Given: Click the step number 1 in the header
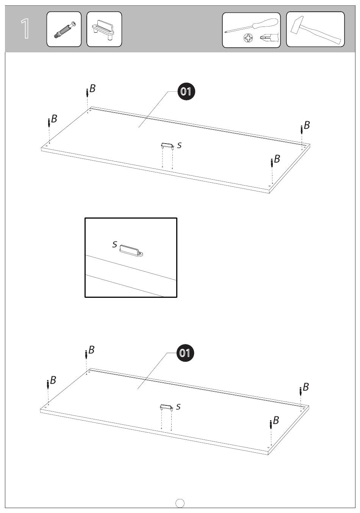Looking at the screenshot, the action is coord(25,28).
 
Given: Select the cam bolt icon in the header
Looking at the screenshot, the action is coord(64,30).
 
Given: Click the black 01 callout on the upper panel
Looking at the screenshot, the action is coord(186,91).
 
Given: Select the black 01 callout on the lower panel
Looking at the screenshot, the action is coord(185,353).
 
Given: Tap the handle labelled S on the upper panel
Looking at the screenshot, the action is coord(167,145).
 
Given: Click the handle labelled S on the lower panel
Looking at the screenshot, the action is coord(166,407).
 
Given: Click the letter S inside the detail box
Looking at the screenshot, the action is coord(115,244).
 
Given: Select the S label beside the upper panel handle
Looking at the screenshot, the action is coord(179,145).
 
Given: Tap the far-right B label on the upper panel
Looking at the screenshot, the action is coord(307,125).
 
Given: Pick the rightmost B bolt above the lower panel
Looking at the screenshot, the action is coord(301,391).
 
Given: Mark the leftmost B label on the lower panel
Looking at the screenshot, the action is coord(53,380).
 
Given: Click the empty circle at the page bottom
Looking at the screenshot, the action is coord(180,503).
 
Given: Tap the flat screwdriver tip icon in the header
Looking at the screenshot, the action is coord(269,38).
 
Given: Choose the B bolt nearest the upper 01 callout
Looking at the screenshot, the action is coord(87,92).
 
